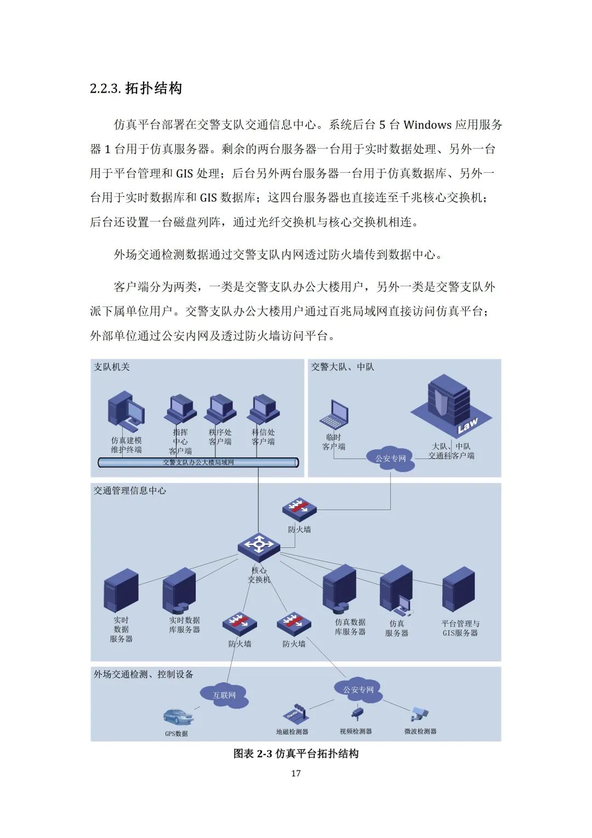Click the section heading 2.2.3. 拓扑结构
[136, 88]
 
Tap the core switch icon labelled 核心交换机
[259, 545]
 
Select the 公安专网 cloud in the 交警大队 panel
[390, 458]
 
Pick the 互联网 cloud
[224, 695]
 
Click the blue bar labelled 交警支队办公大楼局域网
[198, 462]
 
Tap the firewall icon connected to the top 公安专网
[299, 509]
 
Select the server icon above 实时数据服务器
[121, 590]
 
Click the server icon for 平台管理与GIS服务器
[458, 590]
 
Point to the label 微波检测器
[420, 731]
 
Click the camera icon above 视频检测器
[357, 714]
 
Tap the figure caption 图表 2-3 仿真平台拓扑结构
[296, 754]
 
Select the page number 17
[296, 773]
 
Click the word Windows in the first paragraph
[428, 125]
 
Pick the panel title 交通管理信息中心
[130, 490]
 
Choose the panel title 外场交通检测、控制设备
[144, 674]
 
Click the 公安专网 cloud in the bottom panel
[358, 689]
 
